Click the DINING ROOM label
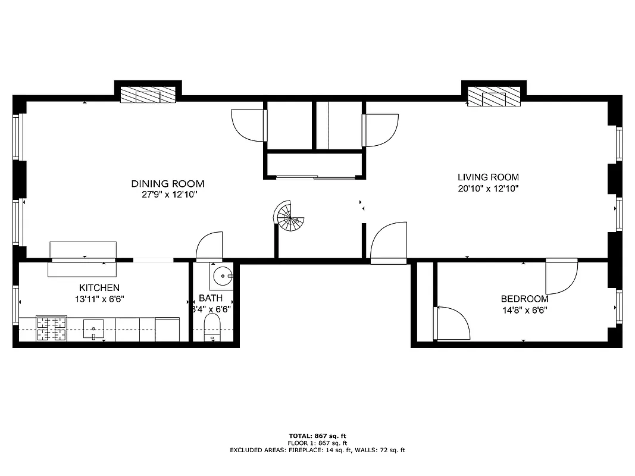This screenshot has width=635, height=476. click(168, 184)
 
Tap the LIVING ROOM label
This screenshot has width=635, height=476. click(488, 177)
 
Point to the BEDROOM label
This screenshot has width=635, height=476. click(524, 299)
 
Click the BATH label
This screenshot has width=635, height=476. click(211, 298)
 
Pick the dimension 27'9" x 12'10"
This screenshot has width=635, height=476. click(168, 195)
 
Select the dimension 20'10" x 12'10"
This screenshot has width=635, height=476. click(488, 189)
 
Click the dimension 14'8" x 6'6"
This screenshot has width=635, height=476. click(524, 310)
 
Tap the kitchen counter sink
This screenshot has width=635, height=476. click(93, 328)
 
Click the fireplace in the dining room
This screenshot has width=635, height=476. click(148, 95)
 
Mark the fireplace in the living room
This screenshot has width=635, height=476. click(493, 96)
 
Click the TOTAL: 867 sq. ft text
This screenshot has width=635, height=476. click(317, 436)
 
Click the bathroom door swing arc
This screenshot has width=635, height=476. click(209, 246)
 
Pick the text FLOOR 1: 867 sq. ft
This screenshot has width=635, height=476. click(317, 443)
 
